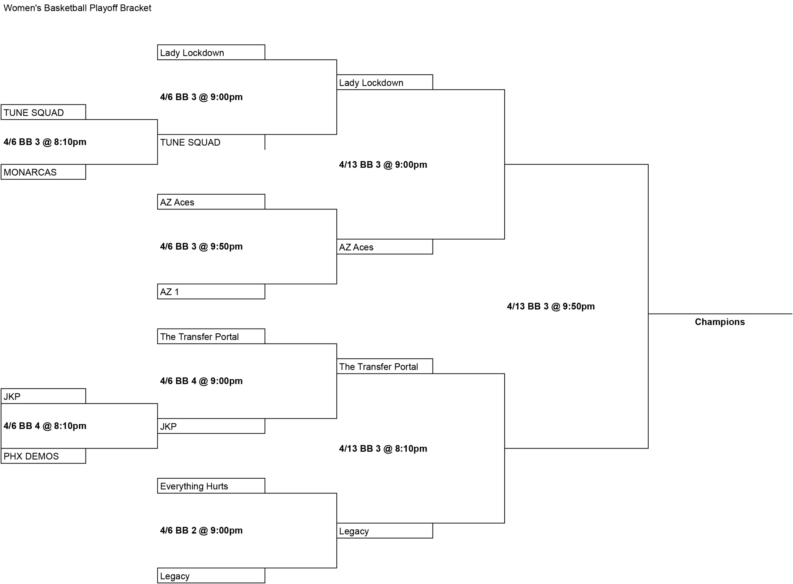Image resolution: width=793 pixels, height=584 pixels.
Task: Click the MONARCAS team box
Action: [x=43, y=172]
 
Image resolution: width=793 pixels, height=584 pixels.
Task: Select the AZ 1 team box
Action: [x=211, y=291]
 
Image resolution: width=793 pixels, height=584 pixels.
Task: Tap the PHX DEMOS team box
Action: [x=43, y=456]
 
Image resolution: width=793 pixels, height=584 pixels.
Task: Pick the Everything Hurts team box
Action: [x=211, y=486]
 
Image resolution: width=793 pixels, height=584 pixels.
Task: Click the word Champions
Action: [x=720, y=322]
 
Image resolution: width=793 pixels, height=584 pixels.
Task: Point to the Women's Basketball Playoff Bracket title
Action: [x=77, y=8]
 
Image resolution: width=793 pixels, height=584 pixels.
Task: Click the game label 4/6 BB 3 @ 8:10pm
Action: [x=45, y=142]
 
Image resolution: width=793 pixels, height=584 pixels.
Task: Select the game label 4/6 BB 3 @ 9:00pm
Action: [x=201, y=97]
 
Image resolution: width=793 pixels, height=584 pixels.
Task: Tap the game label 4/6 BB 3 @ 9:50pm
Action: [x=201, y=246]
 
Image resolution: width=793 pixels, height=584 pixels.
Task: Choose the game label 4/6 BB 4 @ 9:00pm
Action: [x=201, y=381]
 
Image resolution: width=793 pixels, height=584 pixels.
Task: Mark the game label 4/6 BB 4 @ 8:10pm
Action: [x=45, y=426]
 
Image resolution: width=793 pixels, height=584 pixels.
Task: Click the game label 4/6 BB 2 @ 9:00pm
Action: [x=201, y=530]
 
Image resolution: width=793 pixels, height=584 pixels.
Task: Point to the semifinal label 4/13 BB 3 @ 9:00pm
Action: [x=383, y=164]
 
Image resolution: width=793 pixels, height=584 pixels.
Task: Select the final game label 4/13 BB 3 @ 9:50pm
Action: [x=551, y=306]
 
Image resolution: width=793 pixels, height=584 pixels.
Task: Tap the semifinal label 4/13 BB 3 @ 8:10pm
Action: [x=383, y=448]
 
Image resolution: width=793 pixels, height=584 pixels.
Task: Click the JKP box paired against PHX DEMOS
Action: [x=43, y=396]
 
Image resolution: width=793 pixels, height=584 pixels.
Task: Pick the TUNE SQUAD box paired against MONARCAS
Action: [x=43, y=112]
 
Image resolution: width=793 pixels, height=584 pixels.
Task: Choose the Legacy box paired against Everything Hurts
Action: [x=211, y=576]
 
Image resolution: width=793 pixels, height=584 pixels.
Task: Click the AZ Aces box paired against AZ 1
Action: [x=211, y=201]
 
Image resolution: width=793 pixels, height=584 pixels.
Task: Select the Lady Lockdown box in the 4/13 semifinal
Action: [x=385, y=82]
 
